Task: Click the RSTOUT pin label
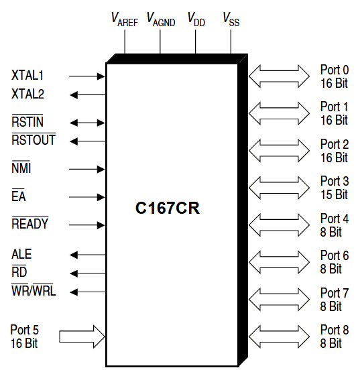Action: (34, 140)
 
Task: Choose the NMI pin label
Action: (21, 169)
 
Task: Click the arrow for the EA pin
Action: (87, 197)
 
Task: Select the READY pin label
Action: (30, 224)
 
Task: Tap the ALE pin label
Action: (21, 255)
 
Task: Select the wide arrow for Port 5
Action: (82, 334)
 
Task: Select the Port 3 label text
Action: (334, 188)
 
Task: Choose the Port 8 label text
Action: (334, 336)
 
